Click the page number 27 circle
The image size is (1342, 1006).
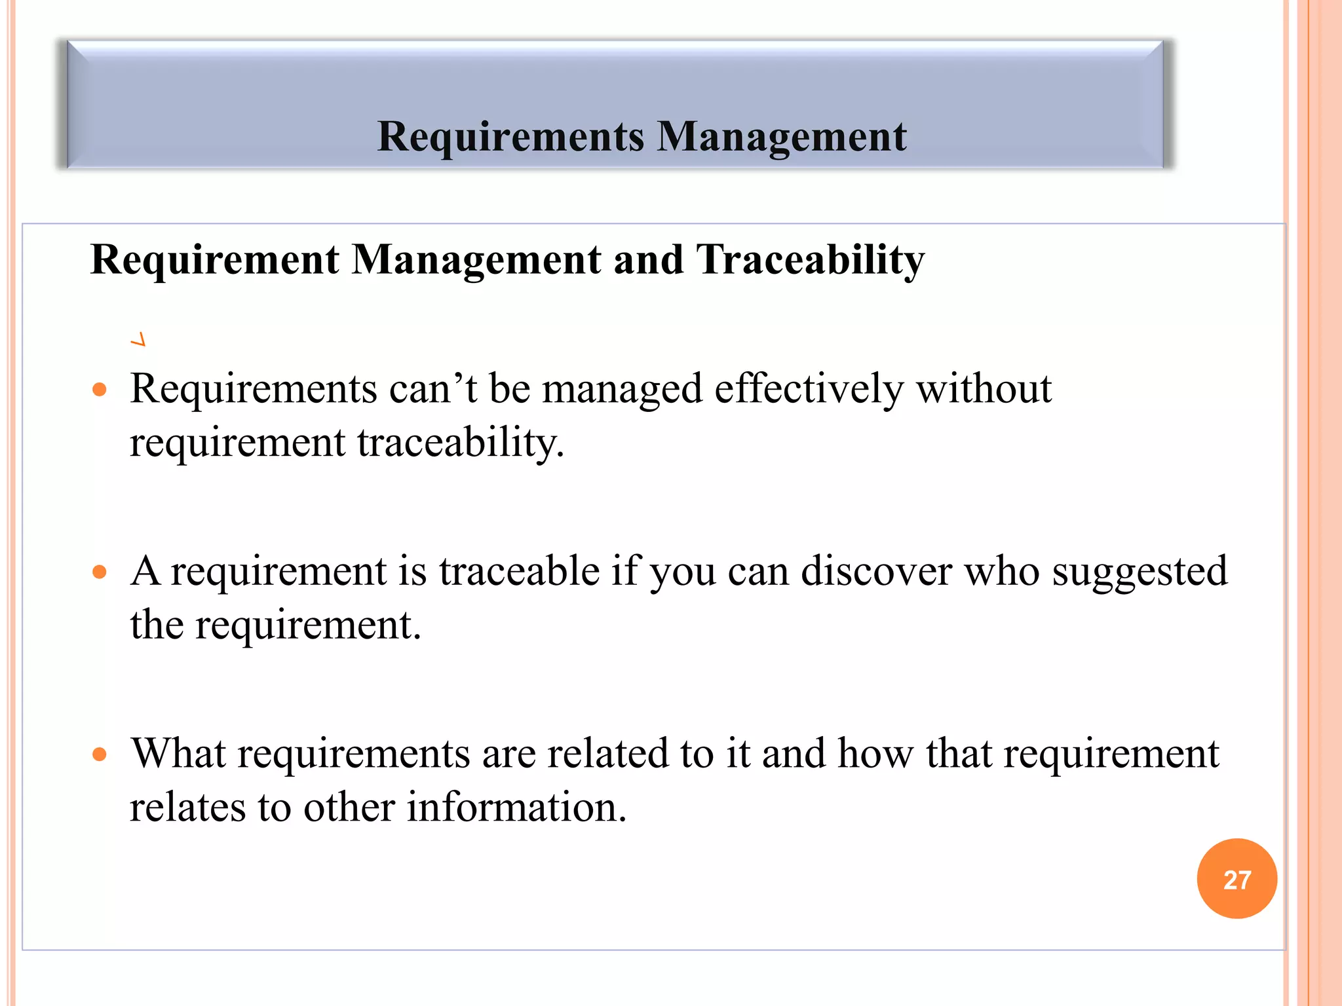point(1237,879)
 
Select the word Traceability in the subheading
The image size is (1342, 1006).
point(810,260)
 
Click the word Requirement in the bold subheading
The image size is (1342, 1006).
point(215,260)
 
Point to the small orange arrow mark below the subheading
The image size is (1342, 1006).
point(138,340)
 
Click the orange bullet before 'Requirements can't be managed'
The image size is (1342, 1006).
point(100,390)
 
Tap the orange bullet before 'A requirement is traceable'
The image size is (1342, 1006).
point(100,572)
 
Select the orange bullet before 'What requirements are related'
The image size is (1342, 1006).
point(100,754)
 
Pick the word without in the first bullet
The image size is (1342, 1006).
point(983,389)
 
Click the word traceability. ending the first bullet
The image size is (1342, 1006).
point(460,443)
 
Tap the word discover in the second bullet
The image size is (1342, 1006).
point(876,571)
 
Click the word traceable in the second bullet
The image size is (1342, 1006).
point(519,571)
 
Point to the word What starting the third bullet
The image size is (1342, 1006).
point(178,753)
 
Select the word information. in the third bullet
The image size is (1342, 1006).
point(516,807)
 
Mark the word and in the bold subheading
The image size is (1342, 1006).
point(647,260)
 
